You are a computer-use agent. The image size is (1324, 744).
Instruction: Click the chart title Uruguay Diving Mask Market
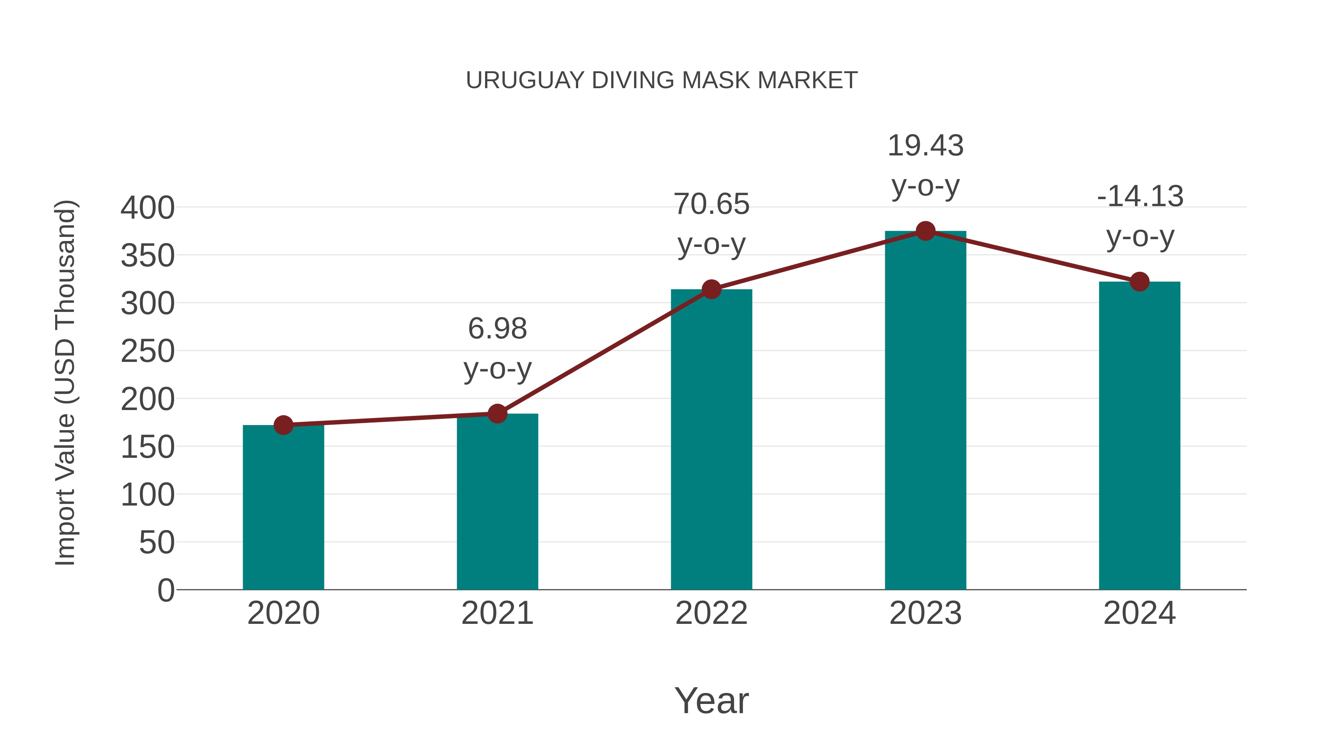(662, 80)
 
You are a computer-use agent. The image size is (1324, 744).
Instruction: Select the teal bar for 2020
(283, 508)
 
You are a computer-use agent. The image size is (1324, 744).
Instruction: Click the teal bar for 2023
(925, 411)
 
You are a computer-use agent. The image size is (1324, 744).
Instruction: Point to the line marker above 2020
(283, 425)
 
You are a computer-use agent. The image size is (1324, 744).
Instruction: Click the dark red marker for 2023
(925, 231)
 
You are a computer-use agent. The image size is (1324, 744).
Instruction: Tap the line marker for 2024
(1139, 281)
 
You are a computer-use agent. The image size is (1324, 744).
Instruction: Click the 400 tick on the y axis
(147, 208)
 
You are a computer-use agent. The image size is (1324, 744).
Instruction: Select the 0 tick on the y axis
(165, 590)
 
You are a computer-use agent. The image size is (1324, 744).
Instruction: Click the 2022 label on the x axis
(711, 613)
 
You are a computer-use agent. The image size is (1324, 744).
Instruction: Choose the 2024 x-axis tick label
(1139, 613)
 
